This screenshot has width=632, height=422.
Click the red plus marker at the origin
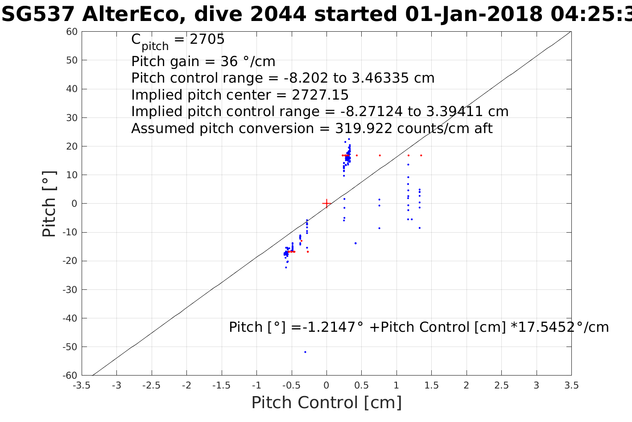326,204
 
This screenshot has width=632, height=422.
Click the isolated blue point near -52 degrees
305,352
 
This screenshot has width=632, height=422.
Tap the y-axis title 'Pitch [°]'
49,204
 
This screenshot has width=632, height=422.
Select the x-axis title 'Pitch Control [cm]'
326,403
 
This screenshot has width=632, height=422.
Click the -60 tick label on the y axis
70,376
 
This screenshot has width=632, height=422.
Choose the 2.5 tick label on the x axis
501,385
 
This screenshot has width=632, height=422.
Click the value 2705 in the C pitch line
207,40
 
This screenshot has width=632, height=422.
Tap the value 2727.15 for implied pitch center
320,95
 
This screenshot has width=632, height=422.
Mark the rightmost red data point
421,155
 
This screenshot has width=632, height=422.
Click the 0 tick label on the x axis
326,385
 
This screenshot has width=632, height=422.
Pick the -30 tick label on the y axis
70,290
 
